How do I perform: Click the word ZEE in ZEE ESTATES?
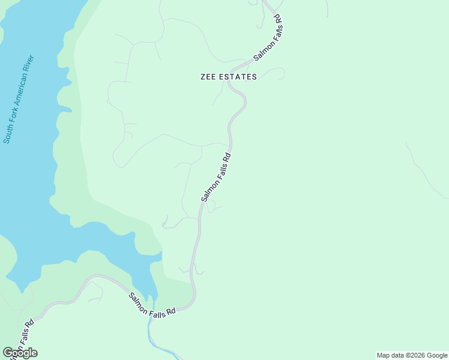[208, 77]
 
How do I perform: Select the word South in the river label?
[8, 132]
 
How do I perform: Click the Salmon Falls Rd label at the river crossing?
[152, 304]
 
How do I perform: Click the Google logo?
[20, 353]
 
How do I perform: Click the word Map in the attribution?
[384, 355]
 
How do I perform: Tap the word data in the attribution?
[397, 355]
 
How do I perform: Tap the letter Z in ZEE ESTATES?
[203, 77]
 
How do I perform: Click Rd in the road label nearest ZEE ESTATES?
[279, 29]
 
